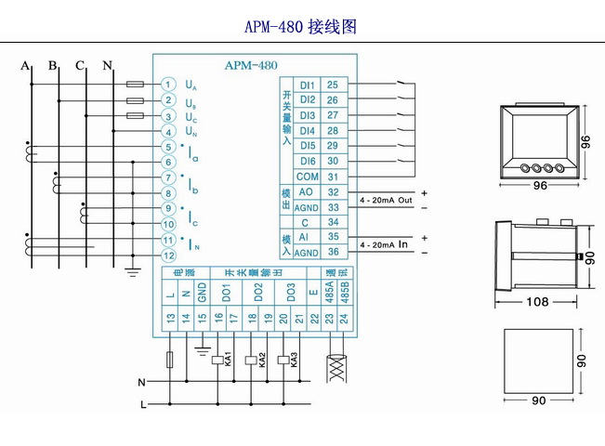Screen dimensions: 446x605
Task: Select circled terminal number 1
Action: pos(167,85)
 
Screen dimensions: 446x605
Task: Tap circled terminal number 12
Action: pos(167,255)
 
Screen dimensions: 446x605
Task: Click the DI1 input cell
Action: pos(308,85)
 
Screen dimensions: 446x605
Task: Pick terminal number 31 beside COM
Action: pos(332,177)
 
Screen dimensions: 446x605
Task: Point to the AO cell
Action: pos(308,191)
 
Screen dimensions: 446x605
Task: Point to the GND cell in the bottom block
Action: pos(201,292)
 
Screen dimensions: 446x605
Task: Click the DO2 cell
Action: pos(258,292)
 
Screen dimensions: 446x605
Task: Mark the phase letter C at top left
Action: pos(81,65)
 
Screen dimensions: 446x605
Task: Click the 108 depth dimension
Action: pos(537,301)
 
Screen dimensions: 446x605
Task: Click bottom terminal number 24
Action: pos(347,319)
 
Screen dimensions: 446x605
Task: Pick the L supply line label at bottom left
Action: pos(142,405)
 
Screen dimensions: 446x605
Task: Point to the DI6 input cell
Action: pos(308,161)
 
